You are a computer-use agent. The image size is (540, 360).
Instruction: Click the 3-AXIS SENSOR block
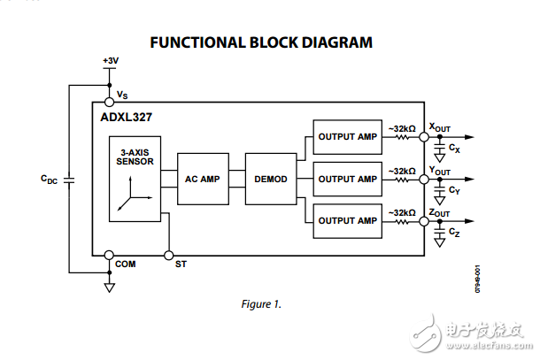pyautogui.click(x=135, y=179)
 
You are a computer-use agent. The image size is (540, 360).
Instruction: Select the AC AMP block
pyautogui.click(x=202, y=179)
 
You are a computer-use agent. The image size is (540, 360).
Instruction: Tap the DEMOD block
pyautogui.click(x=270, y=179)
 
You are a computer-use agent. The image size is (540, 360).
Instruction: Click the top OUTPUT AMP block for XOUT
pyautogui.click(x=347, y=136)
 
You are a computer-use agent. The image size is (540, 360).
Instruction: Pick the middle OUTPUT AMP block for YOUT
pyautogui.click(x=347, y=179)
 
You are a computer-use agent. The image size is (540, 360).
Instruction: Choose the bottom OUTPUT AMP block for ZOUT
pyautogui.click(x=347, y=220)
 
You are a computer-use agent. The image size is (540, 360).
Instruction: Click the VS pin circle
pyautogui.click(x=110, y=103)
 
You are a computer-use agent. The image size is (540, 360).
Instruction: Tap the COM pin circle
pyautogui.click(x=110, y=254)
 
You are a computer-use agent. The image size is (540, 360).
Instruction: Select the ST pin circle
pyautogui.click(x=168, y=254)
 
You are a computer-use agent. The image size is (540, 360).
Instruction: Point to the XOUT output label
pyautogui.click(x=440, y=127)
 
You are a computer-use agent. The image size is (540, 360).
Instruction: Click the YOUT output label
pyautogui.click(x=440, y=170)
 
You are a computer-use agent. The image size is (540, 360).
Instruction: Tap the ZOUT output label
pyautogui.click(x=440, y=212)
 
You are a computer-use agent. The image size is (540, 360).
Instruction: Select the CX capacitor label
pyautogui.click(x=454, y=148)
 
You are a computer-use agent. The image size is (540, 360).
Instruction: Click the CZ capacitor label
pyautogui.click(x=454, y=232)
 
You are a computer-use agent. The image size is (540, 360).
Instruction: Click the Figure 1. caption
pyautogui.click(x=261, y=304)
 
